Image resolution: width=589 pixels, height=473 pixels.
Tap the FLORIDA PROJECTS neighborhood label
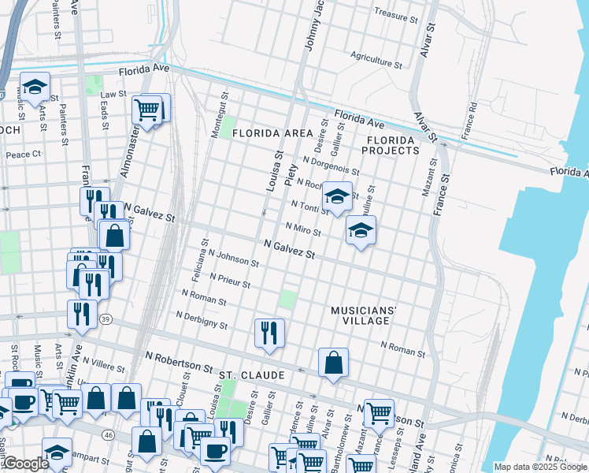point(391,145)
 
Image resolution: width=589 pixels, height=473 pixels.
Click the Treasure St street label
point(395,14)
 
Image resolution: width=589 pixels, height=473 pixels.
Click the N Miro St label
point(302,229)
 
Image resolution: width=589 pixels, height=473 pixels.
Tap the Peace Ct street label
point(23,155)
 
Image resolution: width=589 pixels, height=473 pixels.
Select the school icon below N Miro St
point(361,230)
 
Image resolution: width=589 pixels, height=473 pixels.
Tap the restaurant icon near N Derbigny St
point(269,332)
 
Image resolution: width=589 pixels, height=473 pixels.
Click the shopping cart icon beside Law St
point(147,110)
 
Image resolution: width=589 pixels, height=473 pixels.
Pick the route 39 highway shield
point(105,319)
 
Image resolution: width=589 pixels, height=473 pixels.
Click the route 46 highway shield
point(108,434)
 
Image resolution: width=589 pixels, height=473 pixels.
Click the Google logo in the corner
point(25,464)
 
